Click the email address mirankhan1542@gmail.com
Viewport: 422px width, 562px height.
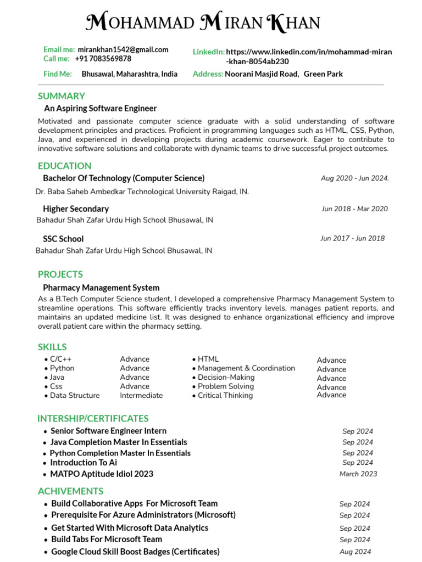click(123, 49)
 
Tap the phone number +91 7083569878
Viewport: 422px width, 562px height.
click(103, 59)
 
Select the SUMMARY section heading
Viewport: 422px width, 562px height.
click(61, 96)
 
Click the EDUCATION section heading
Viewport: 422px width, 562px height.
click(64, 166)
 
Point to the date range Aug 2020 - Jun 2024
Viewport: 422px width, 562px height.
click(354, 178)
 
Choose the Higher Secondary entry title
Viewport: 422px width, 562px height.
click(76, 209)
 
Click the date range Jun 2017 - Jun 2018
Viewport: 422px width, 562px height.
click(352, 238)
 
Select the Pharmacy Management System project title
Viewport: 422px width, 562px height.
click(101, 288)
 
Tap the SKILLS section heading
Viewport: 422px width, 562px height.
click(52, 347)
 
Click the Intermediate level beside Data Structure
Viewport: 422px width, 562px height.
click(141, 395)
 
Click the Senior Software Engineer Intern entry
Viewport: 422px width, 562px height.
click(108, 431)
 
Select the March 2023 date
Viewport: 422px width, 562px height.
click(358, 474)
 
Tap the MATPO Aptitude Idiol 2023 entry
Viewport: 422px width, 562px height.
click(102, 474)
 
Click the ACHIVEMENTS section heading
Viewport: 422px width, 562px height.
click(70, 491)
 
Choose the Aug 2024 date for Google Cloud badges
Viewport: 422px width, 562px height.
click(355, 552)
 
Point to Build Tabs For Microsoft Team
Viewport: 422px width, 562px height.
click(107, 539)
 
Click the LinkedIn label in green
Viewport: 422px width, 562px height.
click(208, 52)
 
